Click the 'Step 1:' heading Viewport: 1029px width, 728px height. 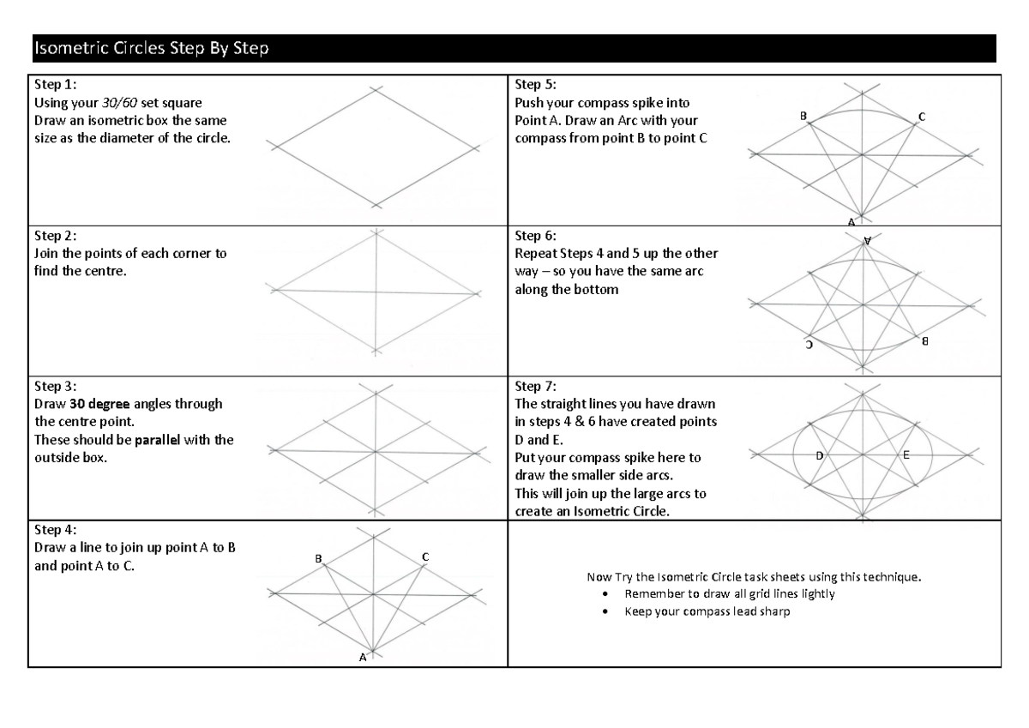coord(55,85)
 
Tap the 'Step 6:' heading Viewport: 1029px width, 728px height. coord(536,235)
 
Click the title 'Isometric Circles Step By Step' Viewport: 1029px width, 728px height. coord(150,49)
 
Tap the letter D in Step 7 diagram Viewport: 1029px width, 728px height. coord(819,455)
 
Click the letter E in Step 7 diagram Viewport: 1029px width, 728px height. coord(906,455)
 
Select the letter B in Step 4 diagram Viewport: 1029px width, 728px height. coord(318,558)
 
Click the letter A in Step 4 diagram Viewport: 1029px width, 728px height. coord(362,658)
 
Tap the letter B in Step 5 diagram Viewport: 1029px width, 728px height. coord(803,115)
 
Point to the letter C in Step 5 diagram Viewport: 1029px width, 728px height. coord(921,116)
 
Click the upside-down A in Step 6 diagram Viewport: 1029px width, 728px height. coord(868,241)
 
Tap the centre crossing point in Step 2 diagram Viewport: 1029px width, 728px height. coord(376,293)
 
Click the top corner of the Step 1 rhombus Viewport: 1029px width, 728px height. coord(375,89)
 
